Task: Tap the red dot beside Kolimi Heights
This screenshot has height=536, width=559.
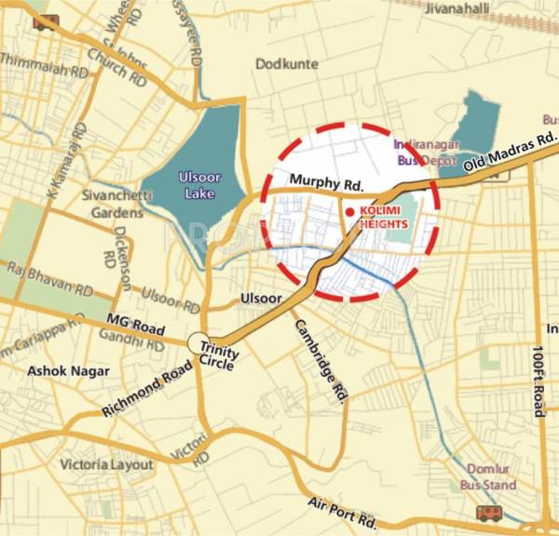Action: click(x=350, y=212)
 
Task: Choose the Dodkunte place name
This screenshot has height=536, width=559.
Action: click(x=287, y=64)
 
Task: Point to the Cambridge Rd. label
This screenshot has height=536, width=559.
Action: click(x=322, y=360)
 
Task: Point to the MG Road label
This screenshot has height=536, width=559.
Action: click(x=135, y=327)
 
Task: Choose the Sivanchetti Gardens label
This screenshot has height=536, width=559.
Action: click(x=111, y=205)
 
